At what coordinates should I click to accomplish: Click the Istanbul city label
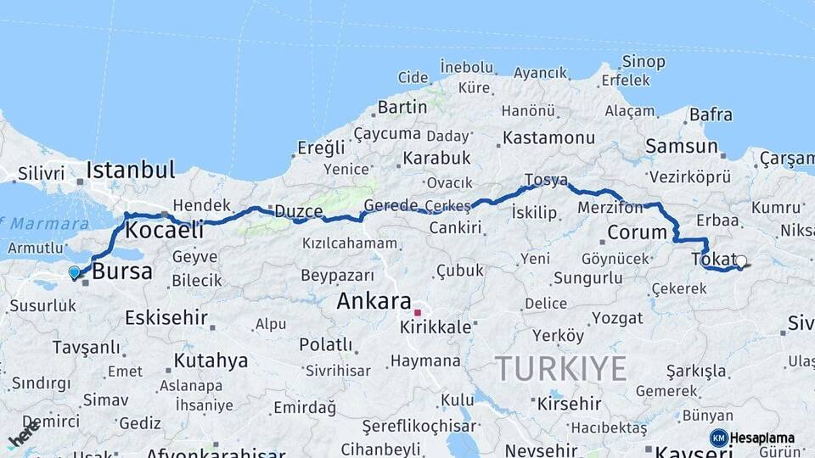click(x=131, y=169)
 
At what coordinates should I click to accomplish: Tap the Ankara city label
click(x=374, y=301)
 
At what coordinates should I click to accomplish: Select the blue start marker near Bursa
click(x=74, y=272)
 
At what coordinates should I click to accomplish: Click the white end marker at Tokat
click(x=741, y=262)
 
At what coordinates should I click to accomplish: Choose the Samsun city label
click(x=681, y=146)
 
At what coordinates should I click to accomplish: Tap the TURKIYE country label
click(x=561, y=369)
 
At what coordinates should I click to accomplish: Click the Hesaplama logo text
click(x=762, y=438)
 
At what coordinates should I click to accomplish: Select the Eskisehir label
click(x=166, y=318)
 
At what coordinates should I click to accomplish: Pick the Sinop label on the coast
click(x=643, y=61)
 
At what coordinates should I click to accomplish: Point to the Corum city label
click(x=638, y=232)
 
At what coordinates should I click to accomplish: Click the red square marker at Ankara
click(x=417, y=312)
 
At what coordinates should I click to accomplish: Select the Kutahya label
click(x=211, y=360)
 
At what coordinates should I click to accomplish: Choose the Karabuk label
click(x=436, y=159)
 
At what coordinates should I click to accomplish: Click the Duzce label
click(x=296, y=210)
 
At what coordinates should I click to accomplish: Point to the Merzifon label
click(x=610, y=207)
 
